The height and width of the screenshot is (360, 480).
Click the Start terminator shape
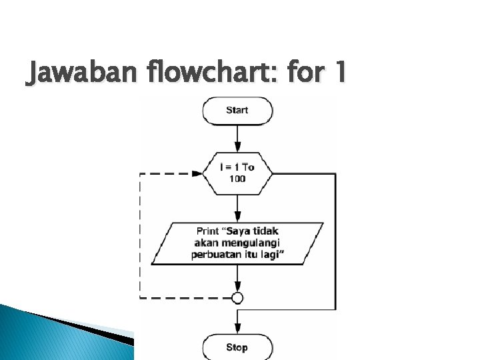click(x=237, y=111)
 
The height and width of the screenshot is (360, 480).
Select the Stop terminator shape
click(x=237, y=347)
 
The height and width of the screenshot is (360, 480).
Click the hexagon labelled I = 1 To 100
click(x=237, y=173)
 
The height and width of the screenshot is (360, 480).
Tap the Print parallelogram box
click(x=238, y=243)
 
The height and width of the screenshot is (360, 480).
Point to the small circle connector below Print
click(x=237, y=297)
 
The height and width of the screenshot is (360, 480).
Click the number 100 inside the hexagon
click(x=237, y=179)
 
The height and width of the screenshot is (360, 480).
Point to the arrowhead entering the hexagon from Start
click(x=237, y=151)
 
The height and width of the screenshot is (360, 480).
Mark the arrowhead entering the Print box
click(x=237, y=217)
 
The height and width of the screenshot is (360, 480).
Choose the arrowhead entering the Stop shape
click(x=237, y=330)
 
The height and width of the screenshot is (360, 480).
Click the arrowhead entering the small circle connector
click(x=237, y=288)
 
